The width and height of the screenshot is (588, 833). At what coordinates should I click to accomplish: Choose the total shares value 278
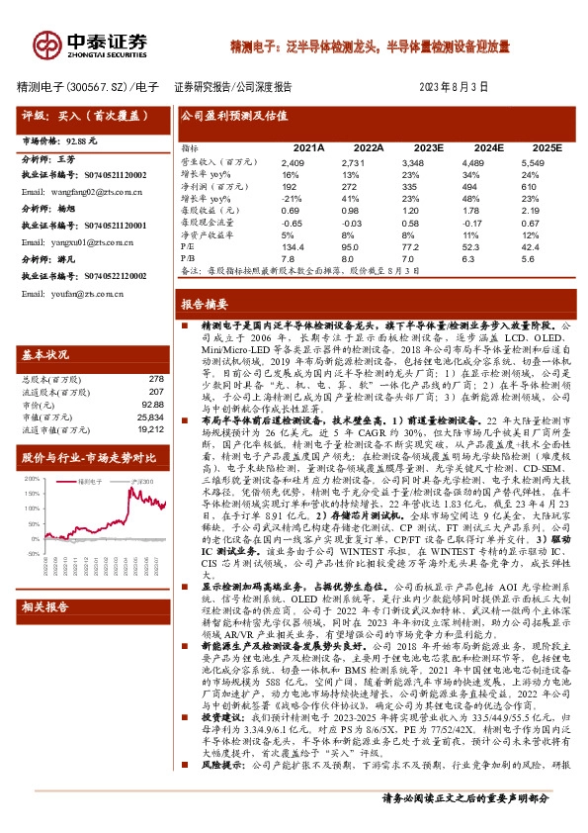point(155,379)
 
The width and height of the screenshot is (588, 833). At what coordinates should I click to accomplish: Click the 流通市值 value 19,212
point(150,430)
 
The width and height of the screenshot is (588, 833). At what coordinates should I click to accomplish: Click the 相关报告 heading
point(45,634)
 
